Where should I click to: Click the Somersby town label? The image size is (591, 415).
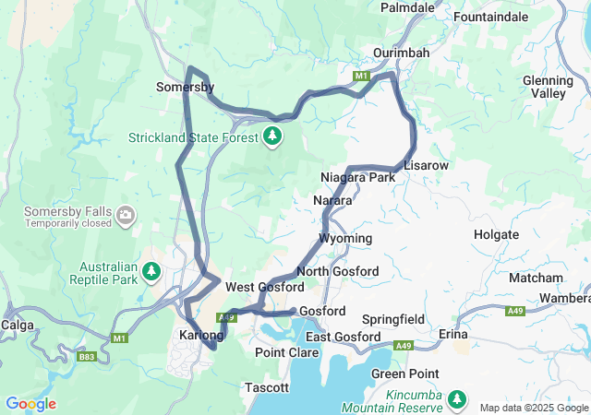[185, 87]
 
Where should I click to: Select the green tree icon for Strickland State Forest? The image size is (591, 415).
[271, 137]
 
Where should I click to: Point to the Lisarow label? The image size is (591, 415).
[426, 164]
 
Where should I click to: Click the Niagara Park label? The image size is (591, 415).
[357, 176]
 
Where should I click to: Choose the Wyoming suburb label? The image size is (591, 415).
[345, 238]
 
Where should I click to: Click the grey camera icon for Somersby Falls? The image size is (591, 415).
[126, 218]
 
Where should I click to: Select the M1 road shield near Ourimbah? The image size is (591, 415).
[363, 75]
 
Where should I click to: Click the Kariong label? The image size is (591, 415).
[200, 334]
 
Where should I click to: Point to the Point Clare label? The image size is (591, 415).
[282, 353]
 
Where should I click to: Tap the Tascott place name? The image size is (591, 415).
[268, 388]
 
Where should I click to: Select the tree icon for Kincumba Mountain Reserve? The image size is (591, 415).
[456, 398]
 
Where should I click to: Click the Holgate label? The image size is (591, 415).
[496, 234]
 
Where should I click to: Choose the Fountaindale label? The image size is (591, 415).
[491, 17]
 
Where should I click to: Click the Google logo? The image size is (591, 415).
[30, 404]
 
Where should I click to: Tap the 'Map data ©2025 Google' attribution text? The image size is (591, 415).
[533, 408]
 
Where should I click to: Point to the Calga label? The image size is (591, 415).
[18, 324]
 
